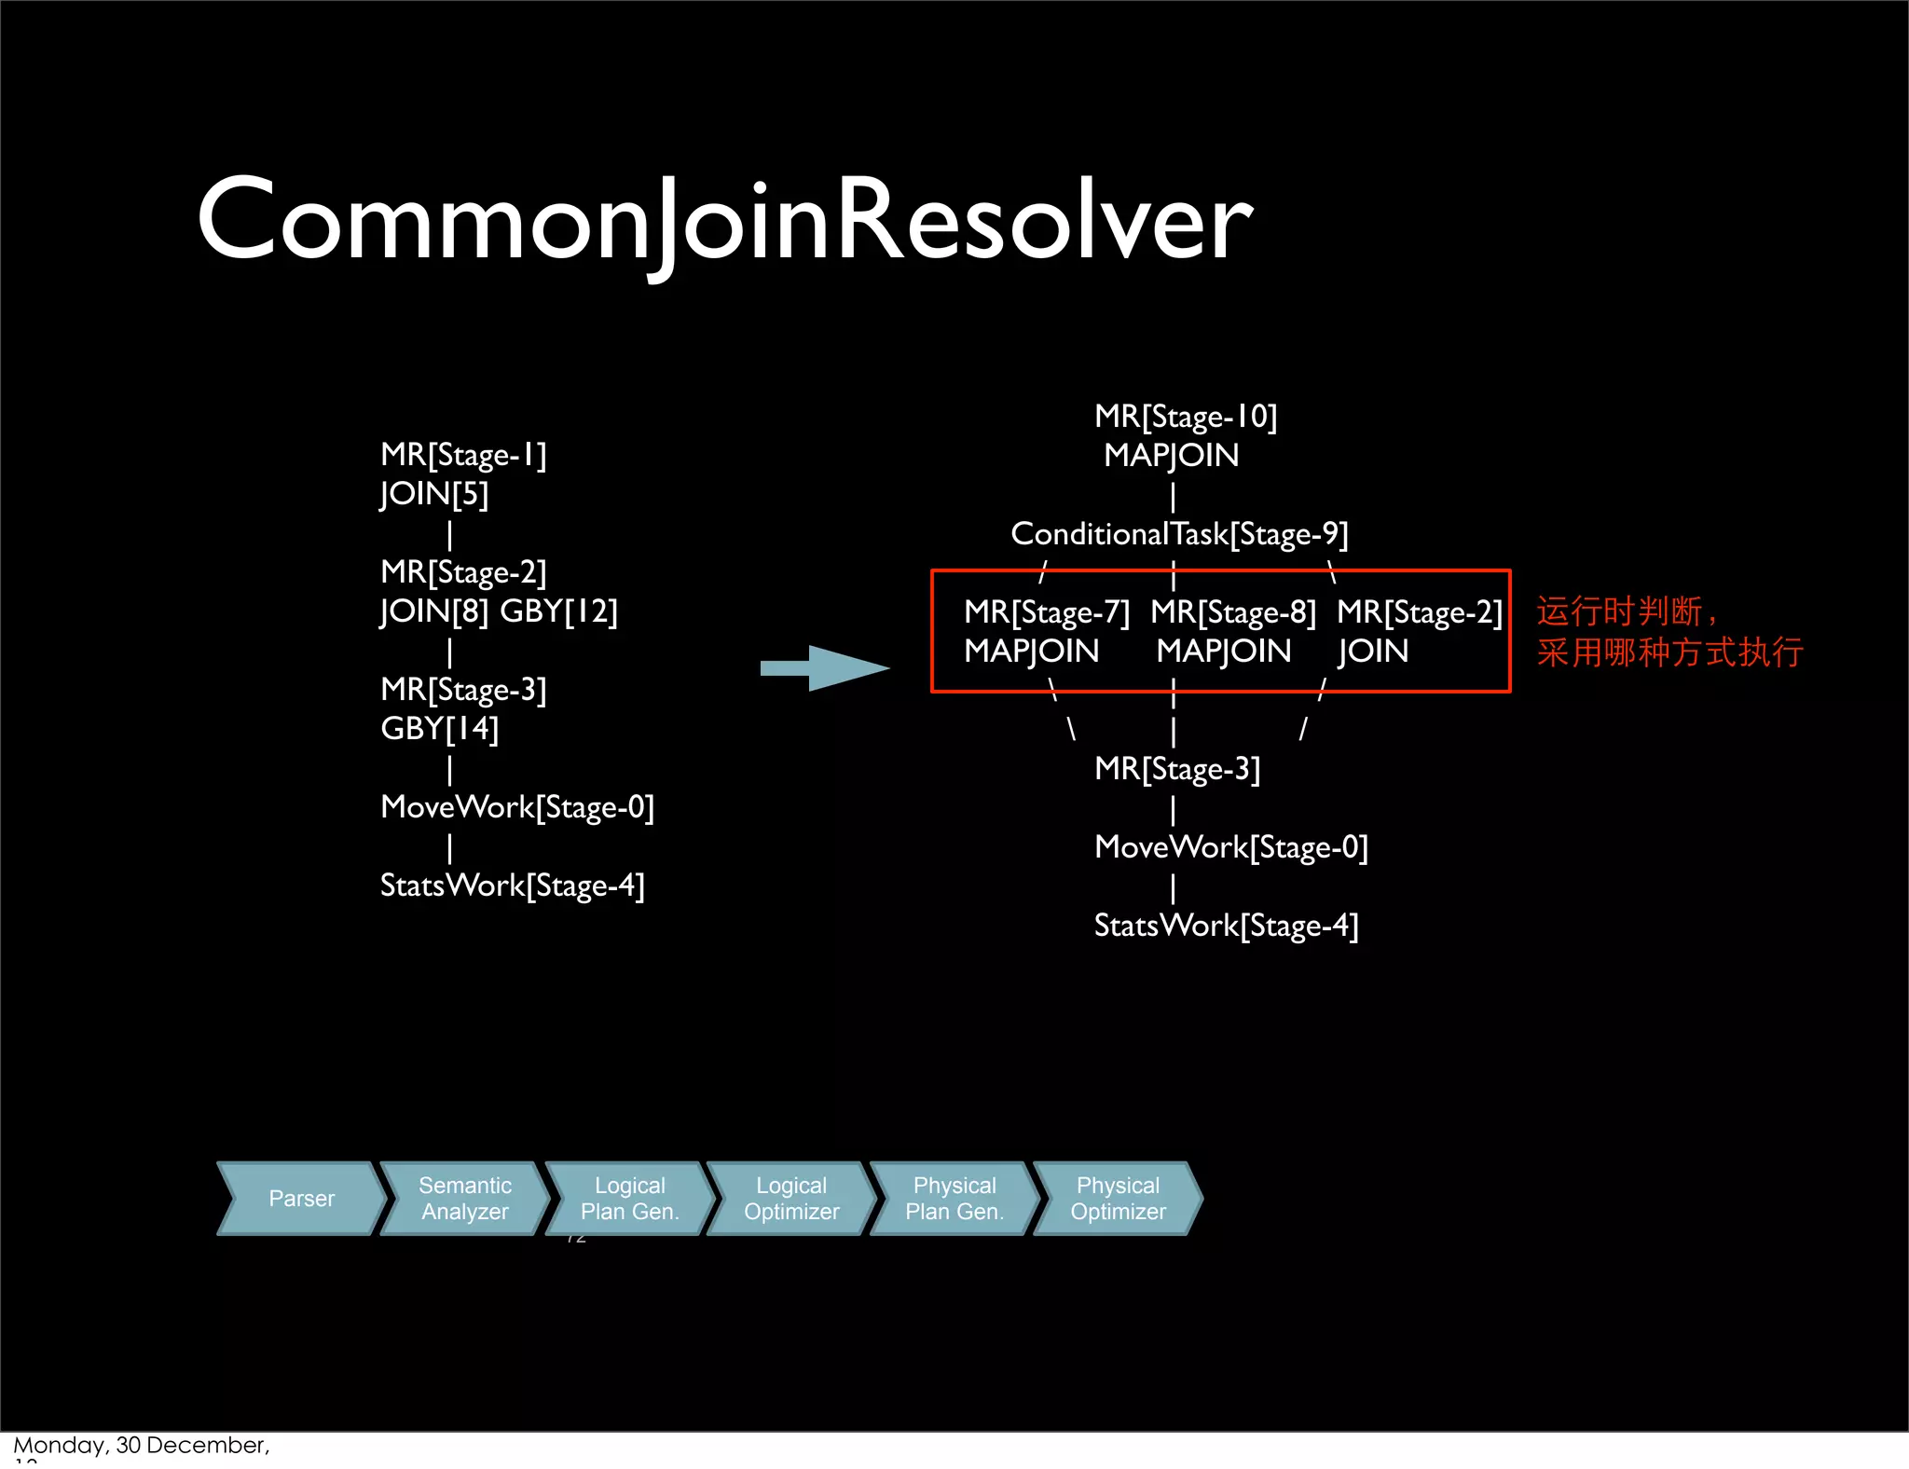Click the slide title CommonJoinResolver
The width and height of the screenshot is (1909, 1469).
click(724, 222)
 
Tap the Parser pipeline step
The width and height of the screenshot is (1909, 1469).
click(301, 1199)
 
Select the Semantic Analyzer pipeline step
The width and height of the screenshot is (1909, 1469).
click(465, 1199)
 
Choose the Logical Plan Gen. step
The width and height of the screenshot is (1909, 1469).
click(629, 1199)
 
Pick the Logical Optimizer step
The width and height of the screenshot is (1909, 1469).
click(791, 1199)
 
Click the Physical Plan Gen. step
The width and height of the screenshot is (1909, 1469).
click(954, 1199)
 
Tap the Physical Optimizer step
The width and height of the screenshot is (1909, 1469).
click(1118, 1199)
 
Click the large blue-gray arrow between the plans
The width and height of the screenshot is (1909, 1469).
click(825, 667)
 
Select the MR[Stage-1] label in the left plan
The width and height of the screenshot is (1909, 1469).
click(463, 455)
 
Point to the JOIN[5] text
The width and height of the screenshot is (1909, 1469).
click(434, 494)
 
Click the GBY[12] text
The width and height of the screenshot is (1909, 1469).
click(558, 611)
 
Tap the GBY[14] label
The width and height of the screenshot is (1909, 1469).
click(439, 729)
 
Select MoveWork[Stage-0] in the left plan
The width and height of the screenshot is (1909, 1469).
click(517, 807)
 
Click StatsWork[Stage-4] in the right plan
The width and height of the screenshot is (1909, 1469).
click(1226, 926)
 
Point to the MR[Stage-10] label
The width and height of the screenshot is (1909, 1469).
click(1186, 417)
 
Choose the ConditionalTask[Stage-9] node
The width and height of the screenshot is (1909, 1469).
click(1179, 534)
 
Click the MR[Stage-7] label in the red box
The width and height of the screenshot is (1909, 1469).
click(1046, 612)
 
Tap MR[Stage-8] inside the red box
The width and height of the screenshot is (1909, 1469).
click(1232, 612)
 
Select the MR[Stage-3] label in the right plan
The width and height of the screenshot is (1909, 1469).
click(1177, 769)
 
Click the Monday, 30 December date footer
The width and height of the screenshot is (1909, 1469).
click(141, 1446)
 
